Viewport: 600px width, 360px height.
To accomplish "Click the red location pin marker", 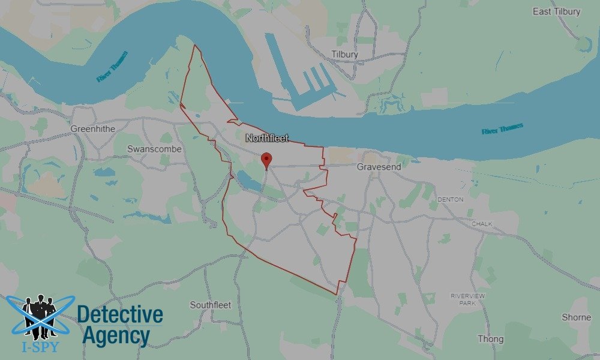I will (x=267, y=160).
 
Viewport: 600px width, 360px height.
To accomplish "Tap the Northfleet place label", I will (x=267, y=138).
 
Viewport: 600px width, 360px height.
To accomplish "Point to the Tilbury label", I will (x=344, y=55).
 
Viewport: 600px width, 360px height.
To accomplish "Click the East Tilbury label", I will (x=556, y=11).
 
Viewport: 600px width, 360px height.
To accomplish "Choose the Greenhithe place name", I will (x=92, y=129).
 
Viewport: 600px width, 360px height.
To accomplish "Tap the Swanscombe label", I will (x=150, y=149).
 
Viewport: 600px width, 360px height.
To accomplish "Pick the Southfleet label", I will (x=210, y=305).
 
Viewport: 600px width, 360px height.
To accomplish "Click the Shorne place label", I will (x=576, y=317).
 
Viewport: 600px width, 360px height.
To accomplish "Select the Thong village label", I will (x=490, y=339).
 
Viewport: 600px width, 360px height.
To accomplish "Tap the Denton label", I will (x=451, y=199).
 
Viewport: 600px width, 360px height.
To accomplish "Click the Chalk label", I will (x=482, y=224).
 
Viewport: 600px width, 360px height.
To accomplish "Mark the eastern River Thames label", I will (x=502, y=128).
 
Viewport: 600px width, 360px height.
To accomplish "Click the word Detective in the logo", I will (x=120, y=314).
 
